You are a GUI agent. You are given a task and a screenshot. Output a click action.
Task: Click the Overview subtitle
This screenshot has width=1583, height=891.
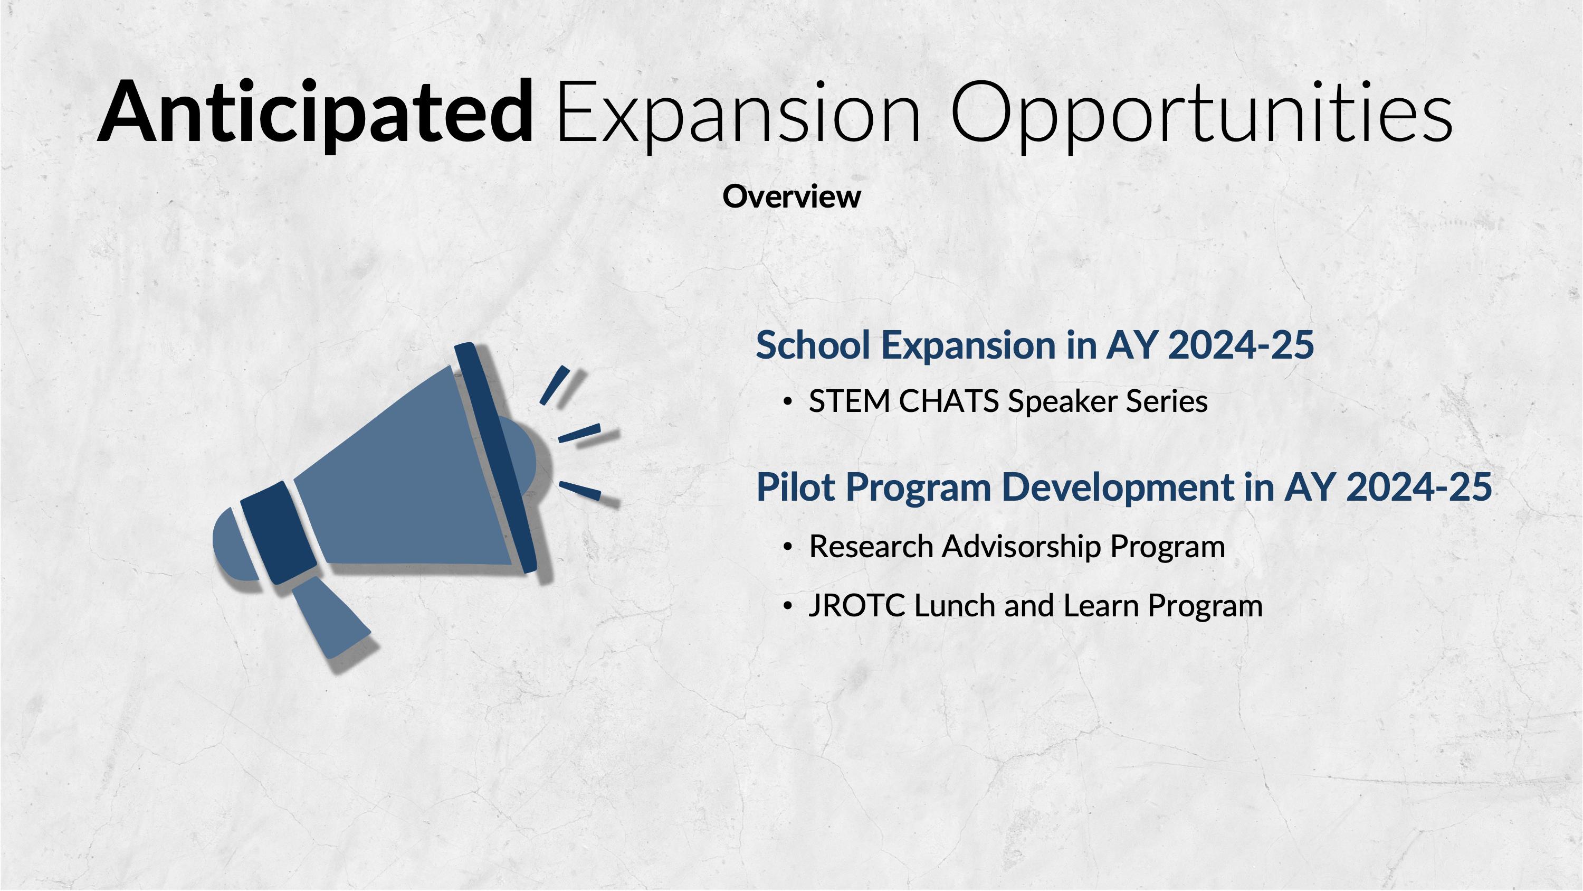(x=791, y=197)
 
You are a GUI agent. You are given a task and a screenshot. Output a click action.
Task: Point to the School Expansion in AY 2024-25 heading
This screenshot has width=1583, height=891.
(x=1035, y=345)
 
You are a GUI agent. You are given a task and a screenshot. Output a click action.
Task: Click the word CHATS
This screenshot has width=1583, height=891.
(x=949, y=401)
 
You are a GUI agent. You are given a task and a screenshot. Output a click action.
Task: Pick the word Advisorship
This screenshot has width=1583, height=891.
(x=1021, y=547)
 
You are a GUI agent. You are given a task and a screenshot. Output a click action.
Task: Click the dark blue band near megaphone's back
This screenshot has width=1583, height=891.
(x=279, y=531)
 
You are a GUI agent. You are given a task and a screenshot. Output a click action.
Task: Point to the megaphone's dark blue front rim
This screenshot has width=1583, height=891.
(x=495, y=458)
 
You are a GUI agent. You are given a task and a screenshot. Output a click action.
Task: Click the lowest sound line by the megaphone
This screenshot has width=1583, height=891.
(x=579, y=491)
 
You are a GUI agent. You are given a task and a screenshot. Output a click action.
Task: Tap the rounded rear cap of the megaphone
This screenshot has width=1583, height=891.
(x=235, y=543)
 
